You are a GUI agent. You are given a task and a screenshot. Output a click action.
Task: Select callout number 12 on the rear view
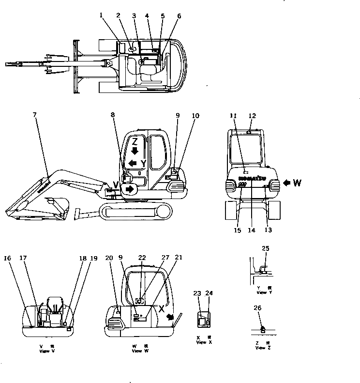(252, 115)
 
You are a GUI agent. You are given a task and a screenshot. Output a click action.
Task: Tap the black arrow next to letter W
(287, 183)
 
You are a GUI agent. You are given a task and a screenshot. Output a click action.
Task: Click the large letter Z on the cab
(136, 142)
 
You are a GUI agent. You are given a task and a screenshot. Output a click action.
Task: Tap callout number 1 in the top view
(101, 15)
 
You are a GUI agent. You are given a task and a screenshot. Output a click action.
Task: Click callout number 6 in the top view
(179, 15)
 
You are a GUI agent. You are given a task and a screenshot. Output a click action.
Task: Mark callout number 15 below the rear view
(238, 230)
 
